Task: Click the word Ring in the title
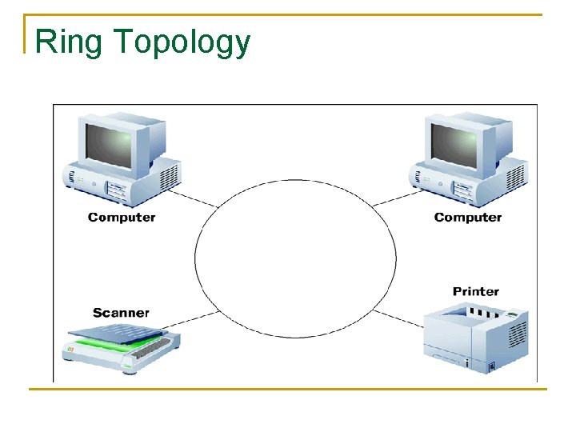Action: [x=69, y=41]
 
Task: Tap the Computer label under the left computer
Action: [x=122, y=217]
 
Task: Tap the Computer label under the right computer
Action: [x=467, y=217]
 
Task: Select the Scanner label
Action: [x=121, y=312]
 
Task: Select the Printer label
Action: [x=475, y=291]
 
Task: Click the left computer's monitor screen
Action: [x=108, y=145]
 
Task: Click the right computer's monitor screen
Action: [x=454, y=145]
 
